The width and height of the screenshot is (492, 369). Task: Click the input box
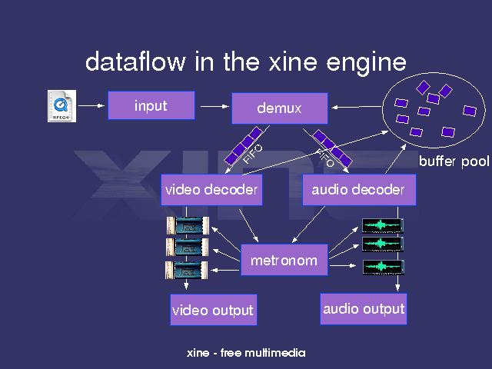(151, 105)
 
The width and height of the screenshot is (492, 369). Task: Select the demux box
(279, 108)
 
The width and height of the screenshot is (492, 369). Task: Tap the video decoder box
(211, 190)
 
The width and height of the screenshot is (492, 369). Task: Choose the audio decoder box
(359, 190)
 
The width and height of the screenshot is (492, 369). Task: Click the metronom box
(284, 260)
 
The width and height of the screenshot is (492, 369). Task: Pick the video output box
(212, 311)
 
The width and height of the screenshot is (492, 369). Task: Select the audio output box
(363, 309)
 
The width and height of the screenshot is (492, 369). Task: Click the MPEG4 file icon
(61, 106)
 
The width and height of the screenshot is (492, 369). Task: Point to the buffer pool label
(454, 162)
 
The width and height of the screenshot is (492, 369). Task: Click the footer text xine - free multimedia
(246, 353)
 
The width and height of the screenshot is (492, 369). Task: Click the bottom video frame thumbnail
(185, 269)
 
